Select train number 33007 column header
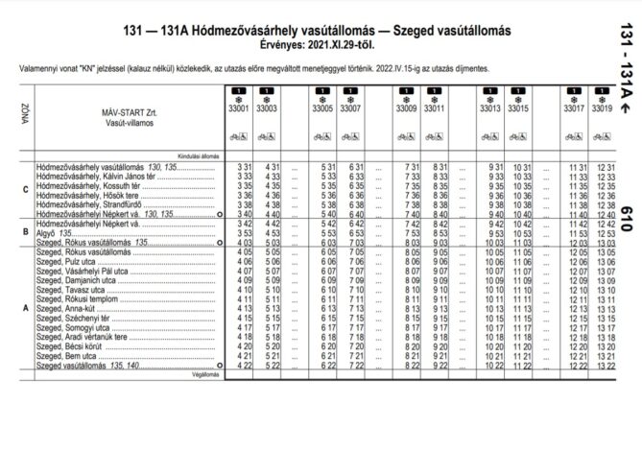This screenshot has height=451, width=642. click(352, 109)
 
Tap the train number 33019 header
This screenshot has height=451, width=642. click(603, 109)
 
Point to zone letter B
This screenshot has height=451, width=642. click(25, 231)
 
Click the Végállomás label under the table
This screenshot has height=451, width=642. click(206, 375)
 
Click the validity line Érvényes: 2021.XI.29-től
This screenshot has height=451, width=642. click(320, 44)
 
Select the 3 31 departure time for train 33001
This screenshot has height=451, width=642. click(243, 167)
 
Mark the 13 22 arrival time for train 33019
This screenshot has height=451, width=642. click(605, 366)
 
